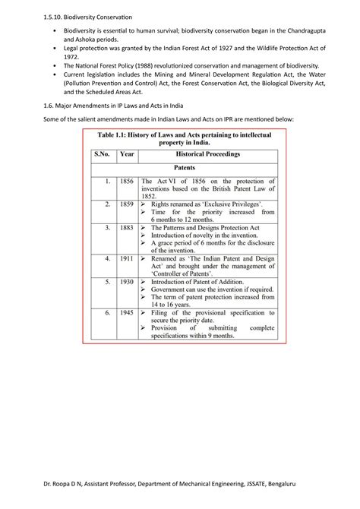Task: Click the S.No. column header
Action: [102, 153]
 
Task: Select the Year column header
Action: [128, 153]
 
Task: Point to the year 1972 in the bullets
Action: [71, 56]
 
